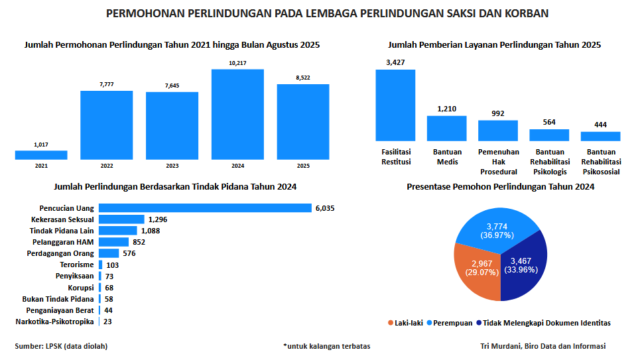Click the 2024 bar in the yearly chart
click(237, 114)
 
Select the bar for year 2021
click(41, 155)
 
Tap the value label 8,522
click(303, 78)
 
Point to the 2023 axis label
click(172, 166)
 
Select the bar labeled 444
click(600, 136)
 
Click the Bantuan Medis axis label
click(447, 157)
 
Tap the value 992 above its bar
click(498, 113)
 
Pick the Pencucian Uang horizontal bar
click(205, 208)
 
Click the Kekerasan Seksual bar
click(121, 219)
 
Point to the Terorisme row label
click(77, 265)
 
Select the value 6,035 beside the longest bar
click(325, 208)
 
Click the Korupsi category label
click(81, 288)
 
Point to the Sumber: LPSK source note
click(61, 346)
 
